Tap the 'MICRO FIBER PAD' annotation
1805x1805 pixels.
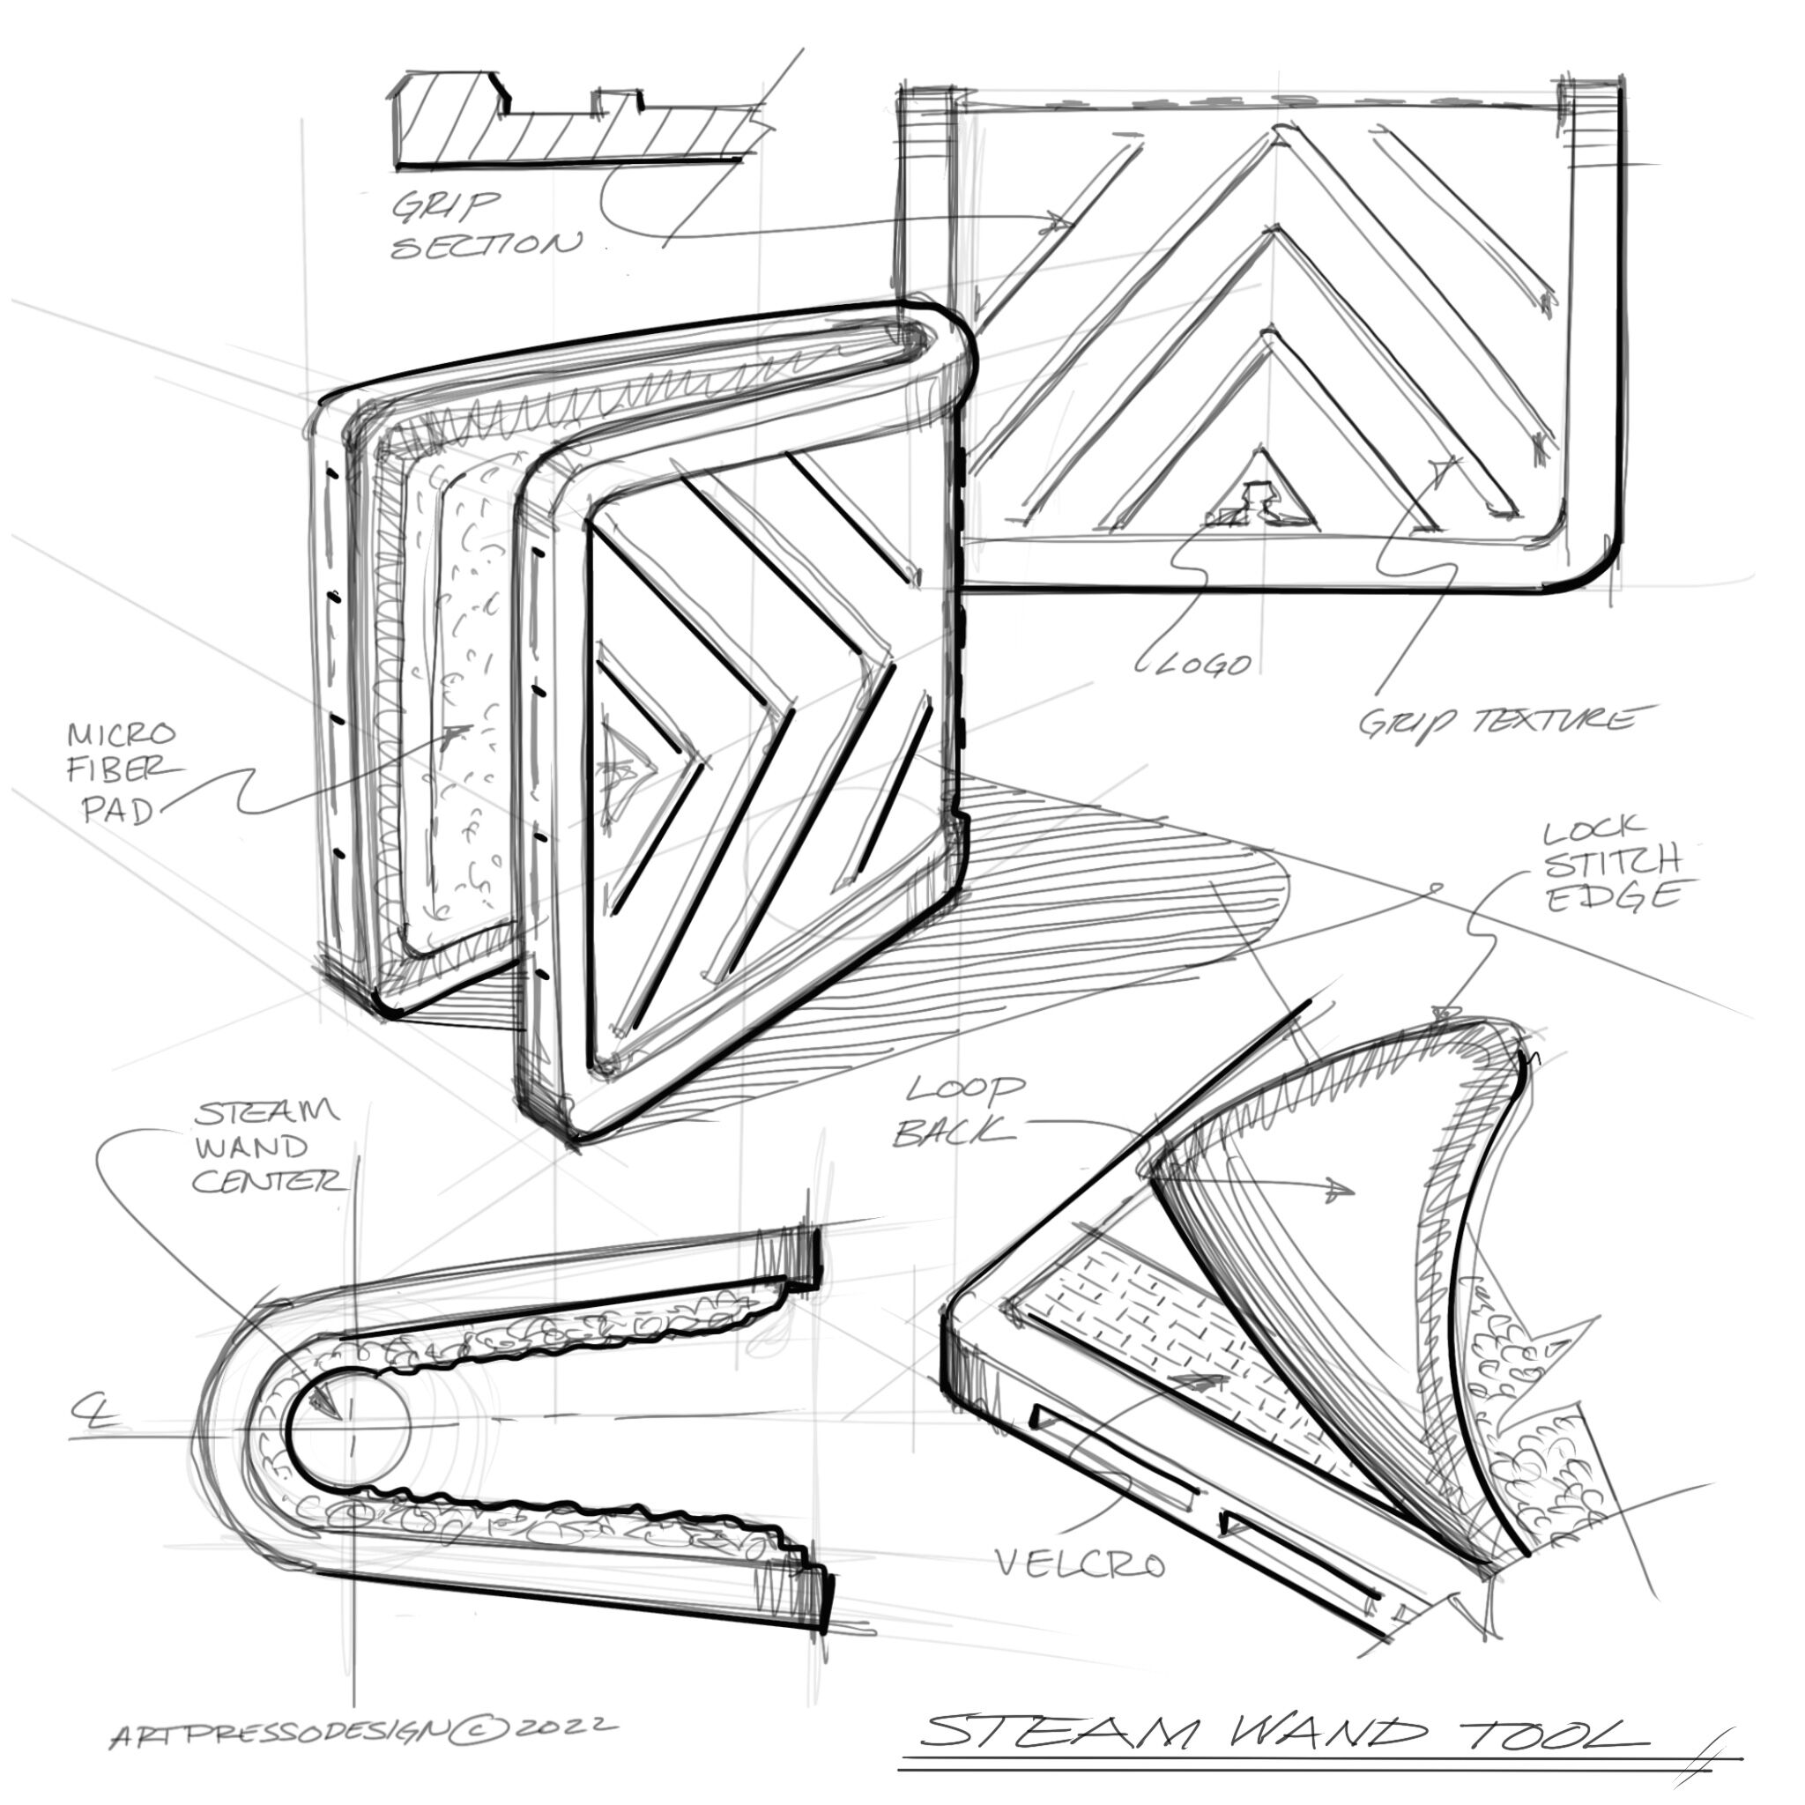pos(123,773)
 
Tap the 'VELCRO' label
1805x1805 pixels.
pos(1079,1562)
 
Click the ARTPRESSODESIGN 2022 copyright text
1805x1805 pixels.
pos(363,1731)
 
